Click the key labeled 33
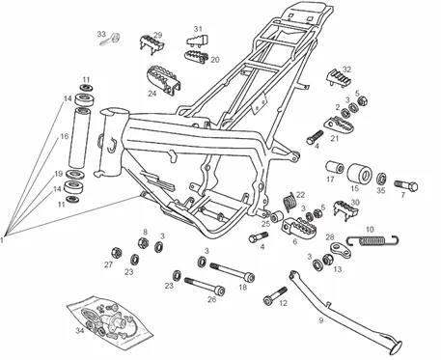(x=110, y=40)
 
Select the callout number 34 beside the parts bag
(x=80, y=330)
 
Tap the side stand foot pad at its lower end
(x=397, y=347)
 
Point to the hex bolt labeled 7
(x=406, y=185)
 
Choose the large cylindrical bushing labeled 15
(x=360, y=173)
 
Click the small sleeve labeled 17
(x=336, y=168)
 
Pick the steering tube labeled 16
(x=79, y=138)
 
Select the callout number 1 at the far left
(x=2, y=239)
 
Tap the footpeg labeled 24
(x=164, y=80)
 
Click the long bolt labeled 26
(x=205, y=286)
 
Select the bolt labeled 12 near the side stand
(x=275, y=296)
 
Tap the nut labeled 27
(x=116, y=253)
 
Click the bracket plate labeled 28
(x=341, y=250)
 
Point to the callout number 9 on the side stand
(x=321, y=320)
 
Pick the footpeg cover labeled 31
(x=198, y=40)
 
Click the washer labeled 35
(x=382, y=178)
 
